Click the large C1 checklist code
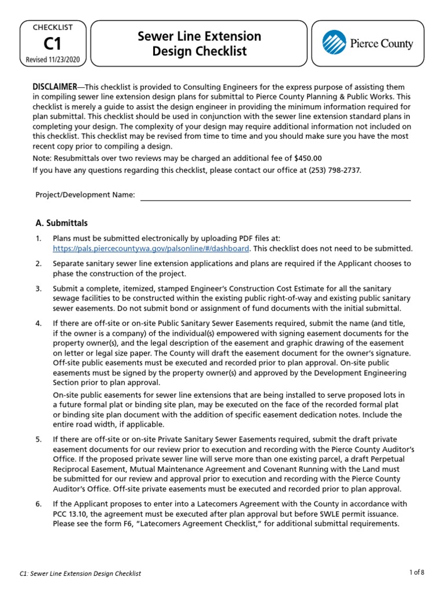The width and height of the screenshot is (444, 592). point(53,44)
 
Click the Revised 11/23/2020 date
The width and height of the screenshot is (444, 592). point(53,60)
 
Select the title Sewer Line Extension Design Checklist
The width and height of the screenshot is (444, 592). point(199,44)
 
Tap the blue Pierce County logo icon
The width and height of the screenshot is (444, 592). point(334,43)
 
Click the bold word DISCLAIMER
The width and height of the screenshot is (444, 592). point(57,87)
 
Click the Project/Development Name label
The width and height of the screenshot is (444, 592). point(85,195)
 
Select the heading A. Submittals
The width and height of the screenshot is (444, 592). point(61,223)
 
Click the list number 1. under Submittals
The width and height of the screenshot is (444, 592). point(39,239)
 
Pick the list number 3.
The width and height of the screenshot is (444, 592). point(39,288)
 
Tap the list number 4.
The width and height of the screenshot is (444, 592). point(39,324)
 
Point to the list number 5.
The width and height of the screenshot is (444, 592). point(39,439)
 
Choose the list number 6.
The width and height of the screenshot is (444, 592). point(39,504)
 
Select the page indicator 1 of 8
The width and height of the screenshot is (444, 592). point(416,572)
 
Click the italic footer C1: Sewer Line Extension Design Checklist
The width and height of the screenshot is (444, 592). point(88,573)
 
